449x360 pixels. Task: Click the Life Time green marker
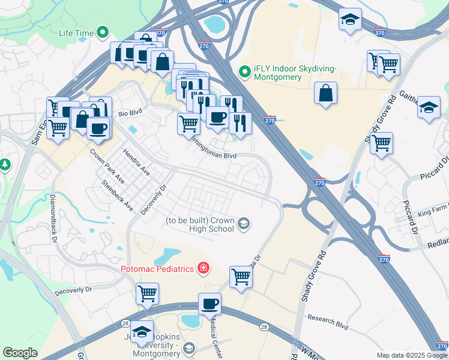pos(103,32)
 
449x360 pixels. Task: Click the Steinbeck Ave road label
pos(117,196)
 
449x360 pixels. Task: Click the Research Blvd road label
pos(327,322)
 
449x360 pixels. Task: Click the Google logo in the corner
pos(20,353)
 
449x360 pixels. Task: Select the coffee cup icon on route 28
pos(209,304)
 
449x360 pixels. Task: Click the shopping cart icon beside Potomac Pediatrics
pos(241,277)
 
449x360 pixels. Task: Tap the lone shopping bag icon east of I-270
pos(325,93)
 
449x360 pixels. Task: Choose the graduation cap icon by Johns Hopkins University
pos(142,331)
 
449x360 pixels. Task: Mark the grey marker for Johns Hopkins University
pos(189,348)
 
